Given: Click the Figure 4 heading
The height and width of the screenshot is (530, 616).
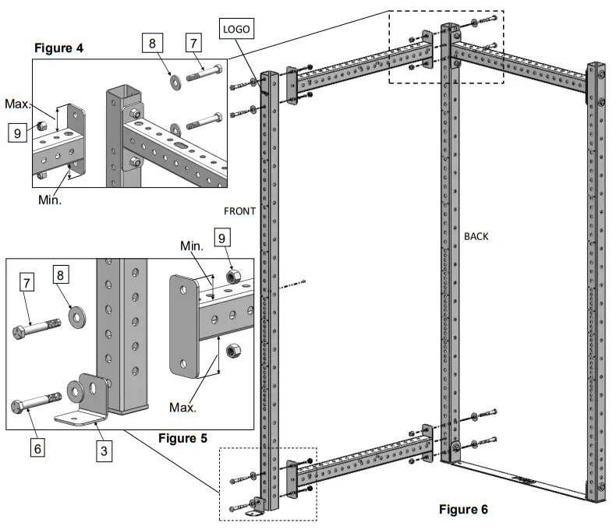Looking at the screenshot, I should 58,48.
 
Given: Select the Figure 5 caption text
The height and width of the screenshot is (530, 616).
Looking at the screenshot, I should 182,437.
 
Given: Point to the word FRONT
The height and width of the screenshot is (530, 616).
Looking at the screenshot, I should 239,210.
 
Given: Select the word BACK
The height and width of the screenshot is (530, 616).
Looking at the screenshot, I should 476,235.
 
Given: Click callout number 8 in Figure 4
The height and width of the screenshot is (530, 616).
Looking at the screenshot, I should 153,44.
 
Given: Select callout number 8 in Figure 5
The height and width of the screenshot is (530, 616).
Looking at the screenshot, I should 62,276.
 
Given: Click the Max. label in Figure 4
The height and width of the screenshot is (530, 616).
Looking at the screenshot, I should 16,104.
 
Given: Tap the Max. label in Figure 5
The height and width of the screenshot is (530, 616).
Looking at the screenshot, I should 182,407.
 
